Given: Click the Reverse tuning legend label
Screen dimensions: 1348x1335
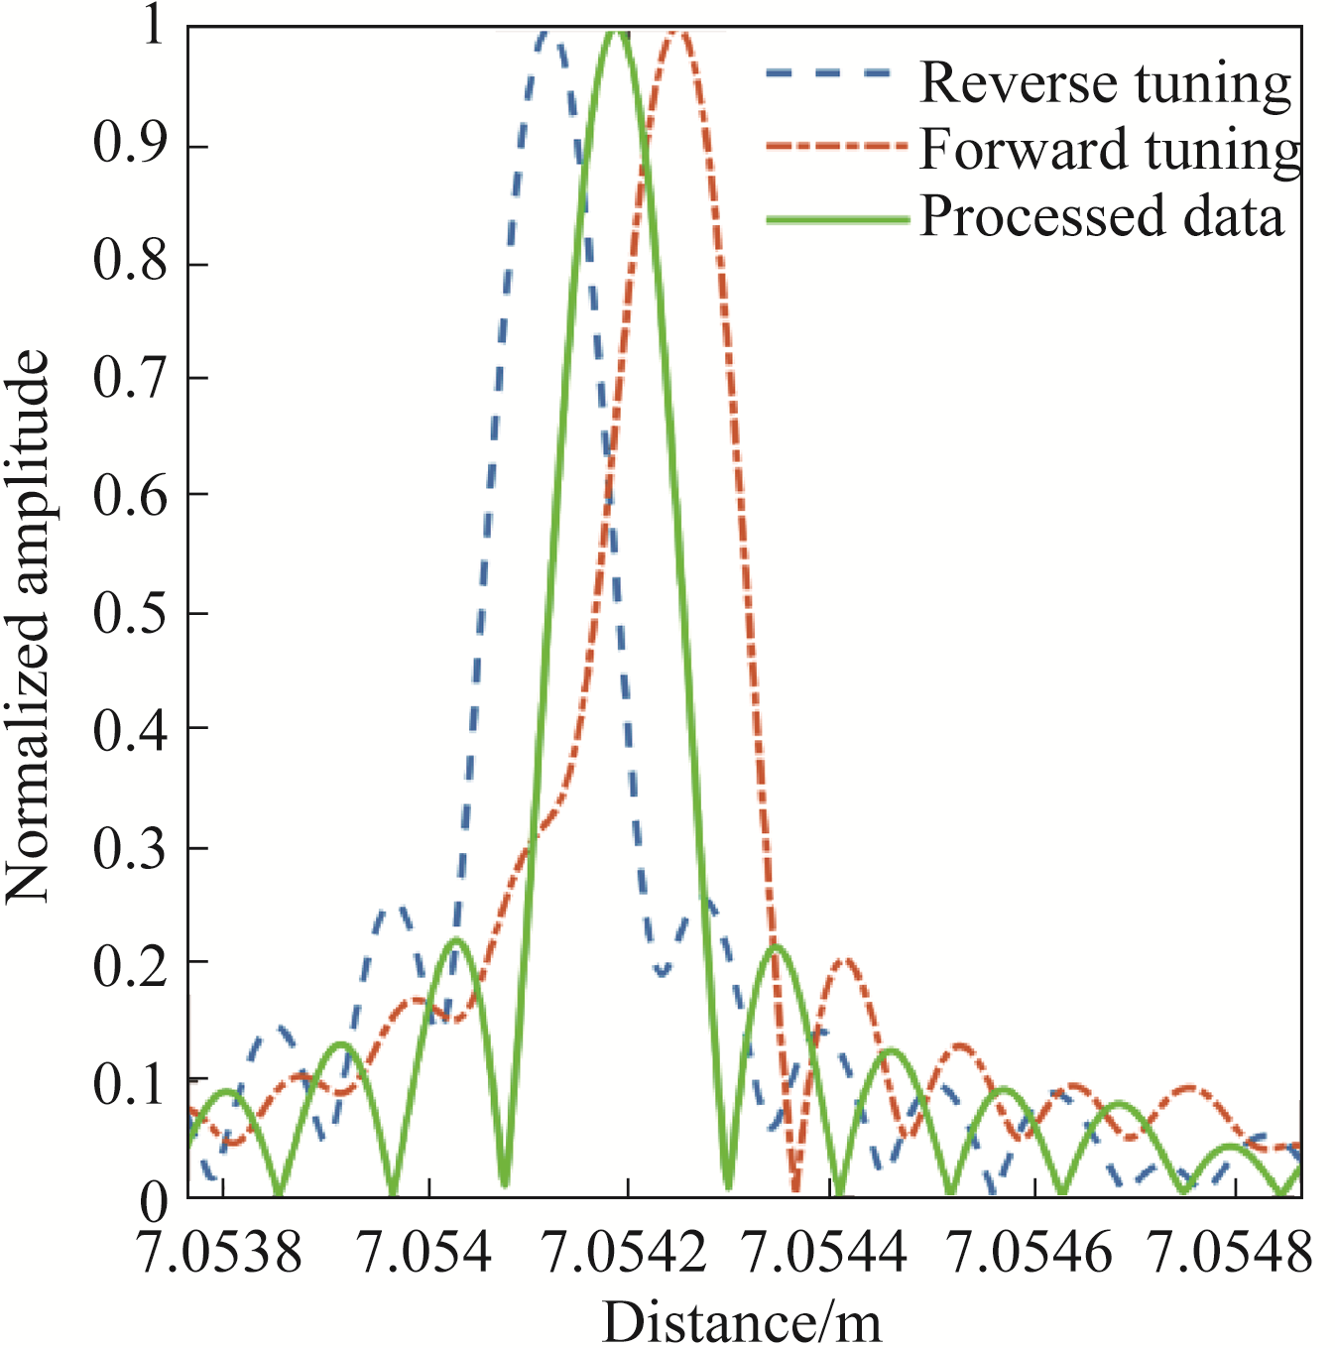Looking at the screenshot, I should (x=1106, y=82).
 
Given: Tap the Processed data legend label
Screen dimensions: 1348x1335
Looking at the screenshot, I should (x=1102, y=216).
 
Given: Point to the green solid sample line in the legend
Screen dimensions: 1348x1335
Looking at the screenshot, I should (x=837, y=220).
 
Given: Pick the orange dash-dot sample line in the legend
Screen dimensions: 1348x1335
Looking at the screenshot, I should (x=837, y=147).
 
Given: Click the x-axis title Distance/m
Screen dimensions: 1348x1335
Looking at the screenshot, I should (x=741, y=1322).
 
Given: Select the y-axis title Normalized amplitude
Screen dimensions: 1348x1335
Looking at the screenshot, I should (x=28, y=627).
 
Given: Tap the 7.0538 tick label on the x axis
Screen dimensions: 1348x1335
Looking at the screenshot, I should (x=220, y=1252).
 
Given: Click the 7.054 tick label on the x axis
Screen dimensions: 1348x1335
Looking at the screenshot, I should (x=425, y=1252).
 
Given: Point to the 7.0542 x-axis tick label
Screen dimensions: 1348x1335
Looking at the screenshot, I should (x=626, y=1252).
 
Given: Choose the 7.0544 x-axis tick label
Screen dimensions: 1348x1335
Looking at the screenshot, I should (x=825, y=1252).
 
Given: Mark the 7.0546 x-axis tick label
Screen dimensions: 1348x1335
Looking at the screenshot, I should (x=1031, y=1252).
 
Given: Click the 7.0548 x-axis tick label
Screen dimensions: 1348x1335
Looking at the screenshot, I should (x=1231, y=1252).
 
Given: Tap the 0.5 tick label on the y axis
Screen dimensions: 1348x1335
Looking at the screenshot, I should (x=130, y=615).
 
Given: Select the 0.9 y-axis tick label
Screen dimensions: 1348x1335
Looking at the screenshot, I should (x=130, y=145).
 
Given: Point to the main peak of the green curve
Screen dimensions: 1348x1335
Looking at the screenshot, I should (x=616, y=32).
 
